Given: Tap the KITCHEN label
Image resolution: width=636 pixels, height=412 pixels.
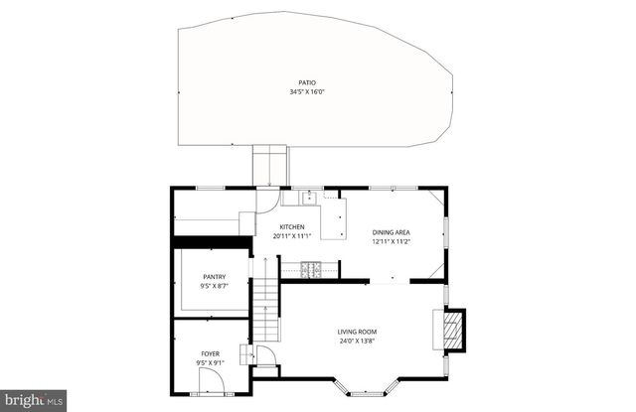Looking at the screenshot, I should pyautogui.click(x=291, y=227).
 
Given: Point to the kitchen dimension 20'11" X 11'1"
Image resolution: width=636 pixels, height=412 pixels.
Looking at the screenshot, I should pyautogui.click(x=292, y=237).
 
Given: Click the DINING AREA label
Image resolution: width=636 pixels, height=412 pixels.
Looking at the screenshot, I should pyautogui.click(x=392, y=231).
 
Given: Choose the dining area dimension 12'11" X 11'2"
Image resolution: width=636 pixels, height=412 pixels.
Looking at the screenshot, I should pyautogui.click(x=392, y=241).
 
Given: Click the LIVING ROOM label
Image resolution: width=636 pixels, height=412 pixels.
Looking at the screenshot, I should pyautogui.click(x=358, y=332).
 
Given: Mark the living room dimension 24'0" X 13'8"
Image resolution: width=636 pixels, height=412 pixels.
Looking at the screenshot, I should pyautogui.click(x=358, y=342).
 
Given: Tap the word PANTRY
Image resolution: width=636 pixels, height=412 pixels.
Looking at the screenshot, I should pyautogui.click(x=214, y=277).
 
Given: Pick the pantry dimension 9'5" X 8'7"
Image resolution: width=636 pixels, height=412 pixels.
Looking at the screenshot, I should pyautogui.click(x=214, y=287).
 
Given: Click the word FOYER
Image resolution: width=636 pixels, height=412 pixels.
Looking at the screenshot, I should pyautogui.click(x=210, y=353).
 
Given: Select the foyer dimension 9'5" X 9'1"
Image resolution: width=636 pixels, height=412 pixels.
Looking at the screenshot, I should pyautogui.click(x=210, y=363).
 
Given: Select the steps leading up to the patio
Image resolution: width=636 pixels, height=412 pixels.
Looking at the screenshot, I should pyautogui.click(x=269, y=165).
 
